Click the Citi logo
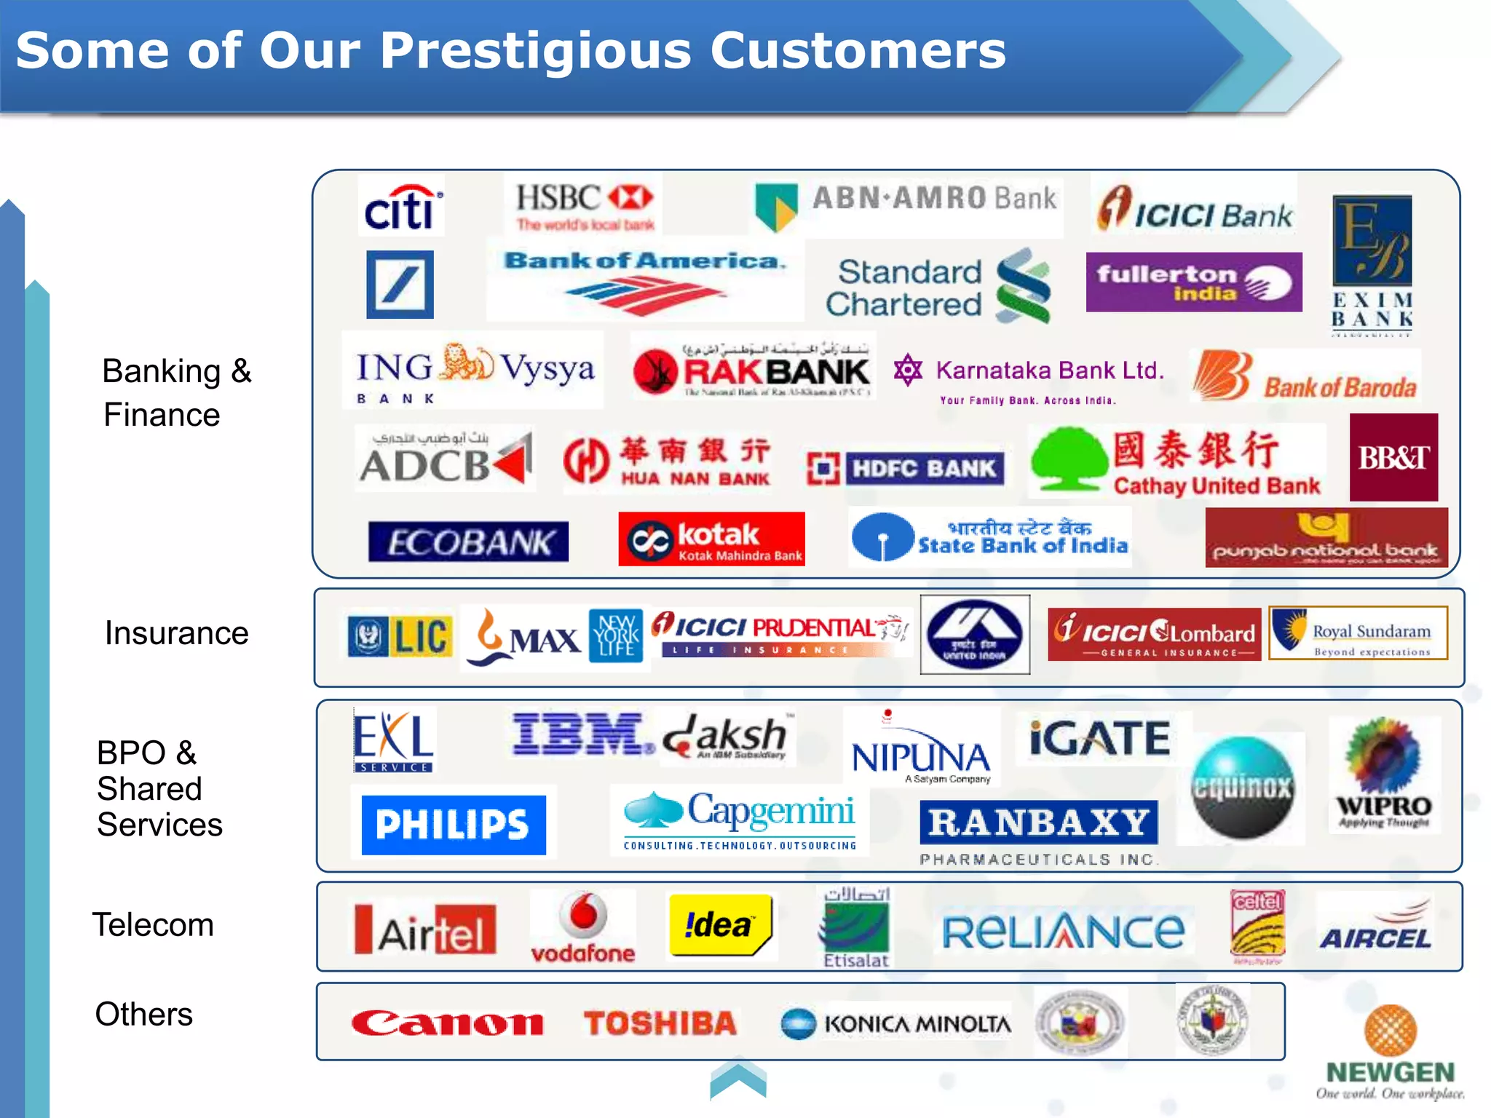click(x=401, y=207)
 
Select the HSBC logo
click(x=585, y=205)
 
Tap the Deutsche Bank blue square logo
click(x=400, y=285)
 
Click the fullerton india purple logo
click(x=1193, y=282)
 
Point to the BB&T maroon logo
click(x=1393, y=457)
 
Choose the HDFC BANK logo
click(x=906, y=468)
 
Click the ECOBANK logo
click(x=468, y=542)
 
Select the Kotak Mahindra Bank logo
click(x=711, y=539)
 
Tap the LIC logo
click(x=400, y=636)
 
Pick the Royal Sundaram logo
click(x=1358, y=633)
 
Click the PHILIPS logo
click(x=454, y=825)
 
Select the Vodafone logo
click(x=583, y=927)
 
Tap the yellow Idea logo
click(x=720, y=924)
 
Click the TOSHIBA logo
click(x=660, y=1023)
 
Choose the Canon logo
click(x=447, y=1023)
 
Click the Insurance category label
click(x=176, y=633)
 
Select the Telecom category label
click(x=153, y=925)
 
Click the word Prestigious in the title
click(x=535, y=51)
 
